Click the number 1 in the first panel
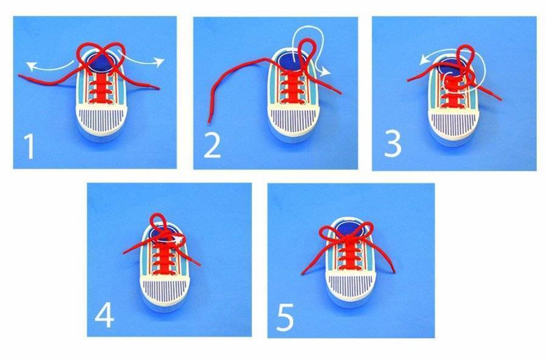[30, 147]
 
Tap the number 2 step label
[213, 146]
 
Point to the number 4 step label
[105, 316]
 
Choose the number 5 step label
[285, 317]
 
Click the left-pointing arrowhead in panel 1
[32, 66]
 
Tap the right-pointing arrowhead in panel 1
[159, 62]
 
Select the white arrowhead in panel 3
[424, 60]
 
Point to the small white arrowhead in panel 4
[181, 240]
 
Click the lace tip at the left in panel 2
[209, 122]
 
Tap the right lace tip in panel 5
[394, 271]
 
